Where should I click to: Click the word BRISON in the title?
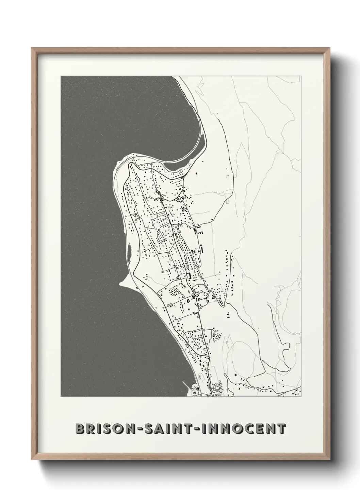point(102,428)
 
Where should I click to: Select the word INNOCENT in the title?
point(245,428)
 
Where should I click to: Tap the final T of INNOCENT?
point(281,428)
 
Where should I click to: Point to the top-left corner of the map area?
point(61,76)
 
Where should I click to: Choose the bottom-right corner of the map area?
point(300,397)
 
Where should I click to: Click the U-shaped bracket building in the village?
point(188,276)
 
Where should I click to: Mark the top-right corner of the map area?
point(300,76)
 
